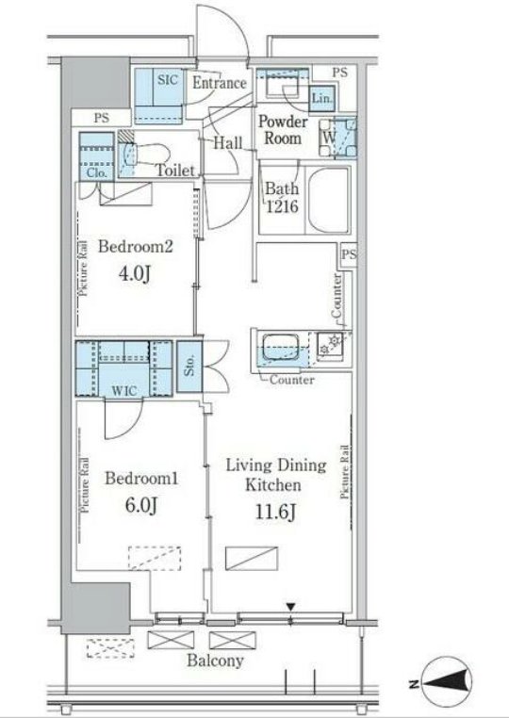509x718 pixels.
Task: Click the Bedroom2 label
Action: pos(136,247)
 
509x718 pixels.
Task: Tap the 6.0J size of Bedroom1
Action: pos(141,506)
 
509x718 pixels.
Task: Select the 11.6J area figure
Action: pos(275,513)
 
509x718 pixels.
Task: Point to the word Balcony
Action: pos(215,661)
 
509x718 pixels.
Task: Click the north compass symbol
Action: pos(447,685)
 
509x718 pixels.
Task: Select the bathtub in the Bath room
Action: pos(329,200)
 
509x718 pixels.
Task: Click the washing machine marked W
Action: pos(338,138)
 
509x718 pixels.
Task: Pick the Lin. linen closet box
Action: pos(322,98)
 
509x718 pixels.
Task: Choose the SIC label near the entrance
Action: pos(167,80)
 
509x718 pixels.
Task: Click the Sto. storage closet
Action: pos(189,367)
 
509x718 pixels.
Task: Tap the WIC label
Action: pos(124,392)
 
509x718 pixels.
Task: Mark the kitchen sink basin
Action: pos(279,350)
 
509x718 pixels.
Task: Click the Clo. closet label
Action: pos(97,173)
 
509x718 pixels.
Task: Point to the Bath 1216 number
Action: pos(283,206)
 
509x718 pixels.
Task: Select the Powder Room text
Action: pos(283,130)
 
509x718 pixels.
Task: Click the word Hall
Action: pos(228,143)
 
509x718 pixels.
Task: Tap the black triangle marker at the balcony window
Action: pos(291,607)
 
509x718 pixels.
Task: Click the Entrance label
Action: pos(220,83)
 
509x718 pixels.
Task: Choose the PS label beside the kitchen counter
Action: pos(349,254)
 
